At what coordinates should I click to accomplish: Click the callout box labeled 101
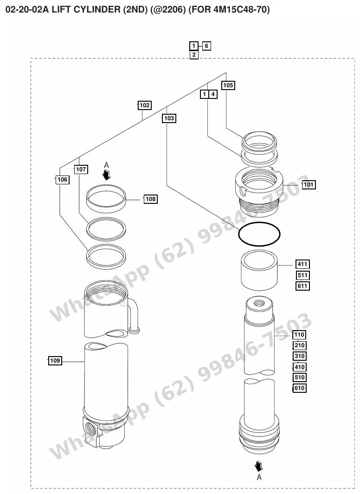309,185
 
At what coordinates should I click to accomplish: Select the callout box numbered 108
150,199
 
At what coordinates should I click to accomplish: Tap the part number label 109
55,360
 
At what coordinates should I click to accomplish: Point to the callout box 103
169,118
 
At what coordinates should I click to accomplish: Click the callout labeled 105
228,85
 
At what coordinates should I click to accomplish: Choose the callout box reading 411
302,264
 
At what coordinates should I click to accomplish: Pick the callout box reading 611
302,286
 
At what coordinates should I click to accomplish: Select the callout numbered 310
299,356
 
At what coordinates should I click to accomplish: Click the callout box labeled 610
299,388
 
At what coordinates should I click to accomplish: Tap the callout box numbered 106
62,180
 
